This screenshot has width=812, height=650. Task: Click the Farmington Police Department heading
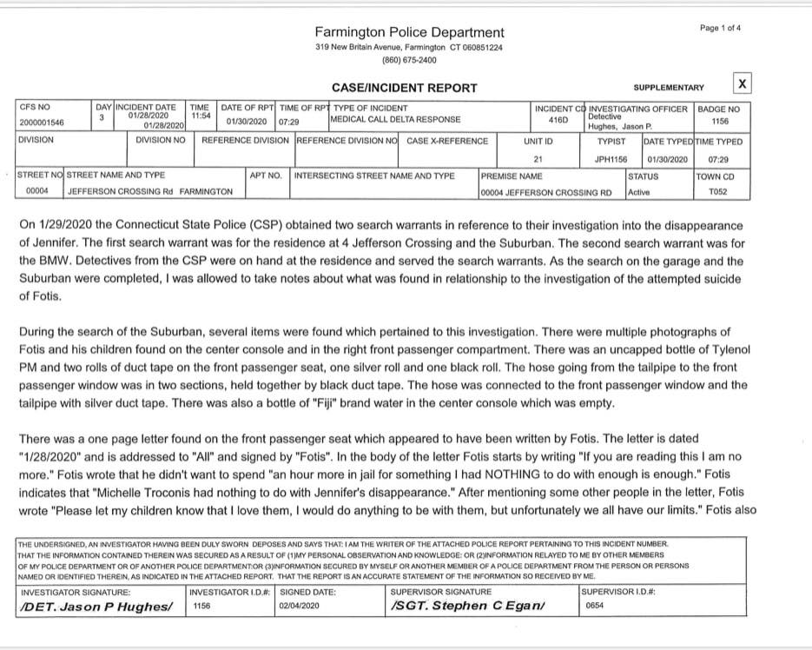point(409,32)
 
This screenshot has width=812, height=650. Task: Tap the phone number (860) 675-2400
point(409,60)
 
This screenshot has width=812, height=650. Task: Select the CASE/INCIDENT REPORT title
point(405,88)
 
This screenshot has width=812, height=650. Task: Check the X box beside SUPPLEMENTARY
point(742,83)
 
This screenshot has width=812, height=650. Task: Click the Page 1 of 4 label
point(721,28)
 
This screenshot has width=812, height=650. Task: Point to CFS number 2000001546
point(42,123)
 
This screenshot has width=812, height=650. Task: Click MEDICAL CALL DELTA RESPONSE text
point(396,119)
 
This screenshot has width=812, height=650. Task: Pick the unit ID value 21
point(538,160)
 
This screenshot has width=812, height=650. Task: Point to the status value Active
point(639,192)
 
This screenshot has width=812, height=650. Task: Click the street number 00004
point(36,191)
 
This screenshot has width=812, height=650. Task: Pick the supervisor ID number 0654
point(595,606)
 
